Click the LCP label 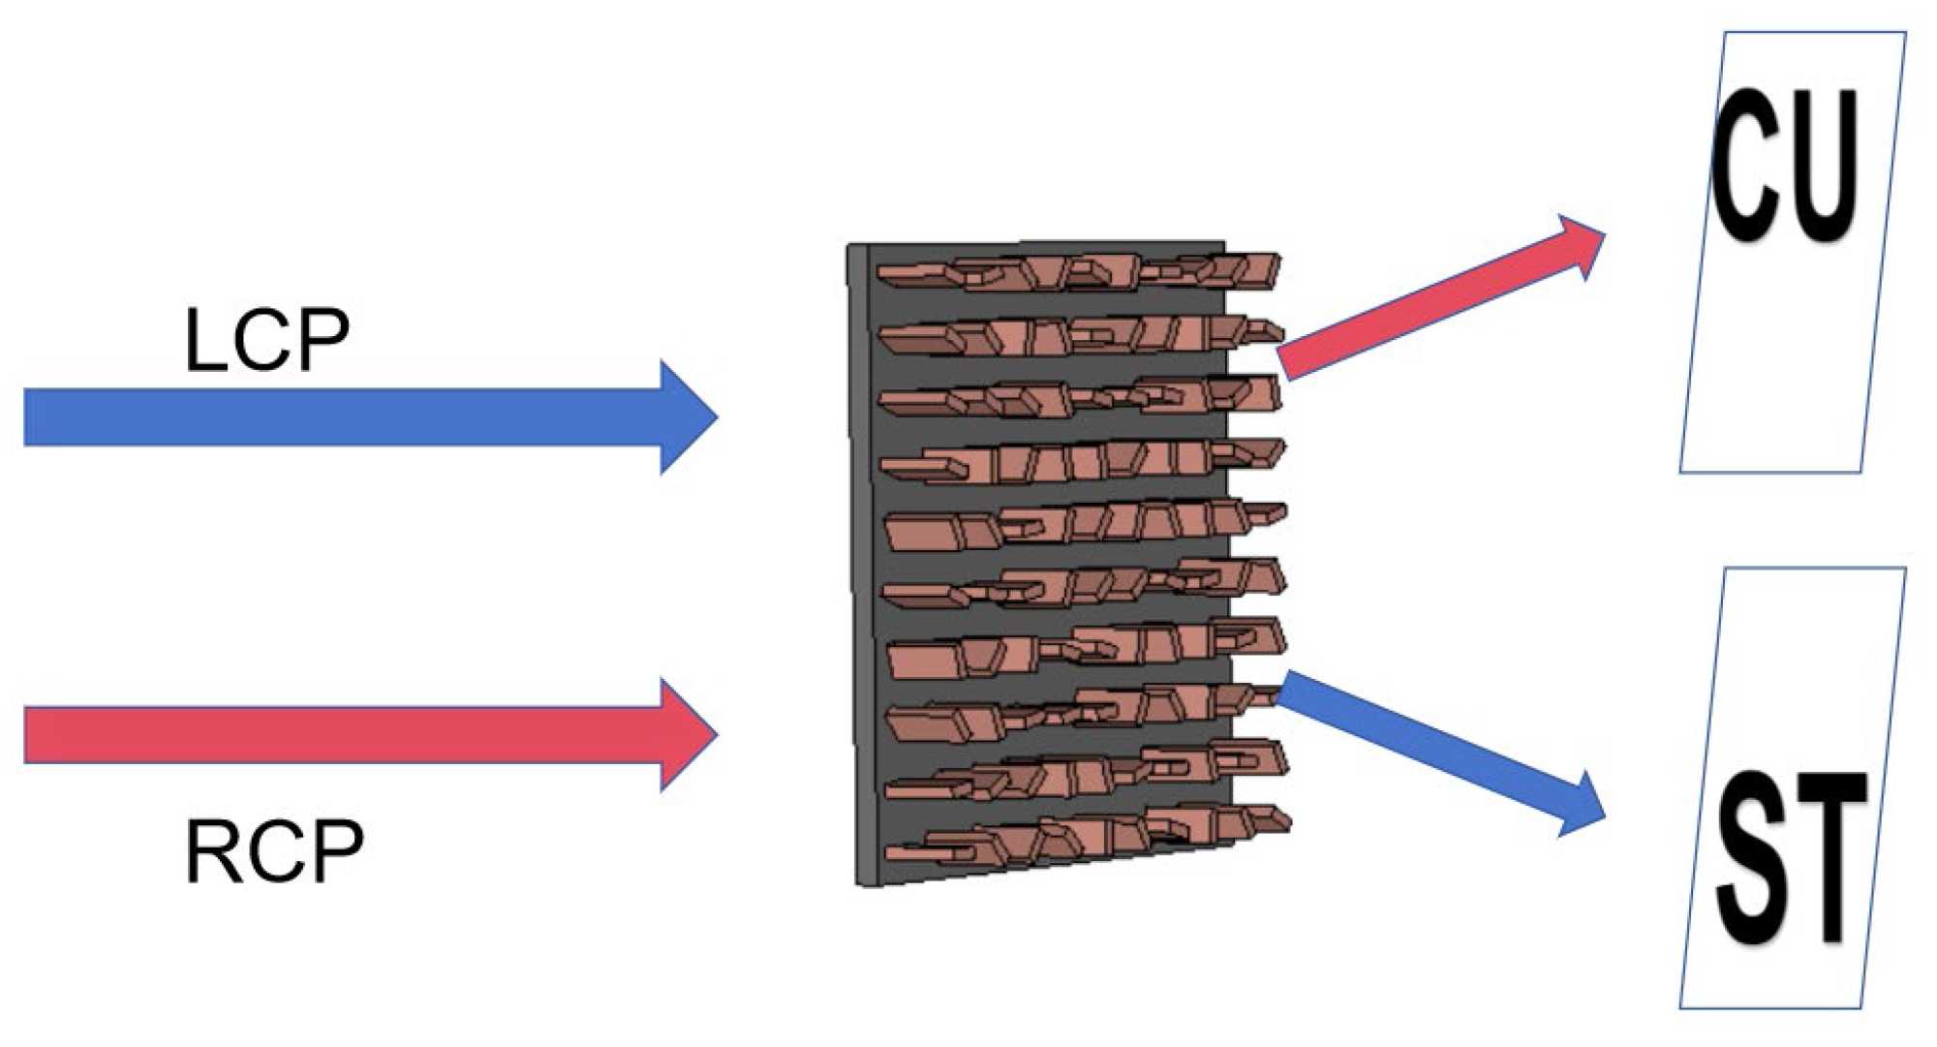pyautogui.click(x=266, y=340)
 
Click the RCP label pyautogui.click(x=274, y=851)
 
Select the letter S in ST pyautogui.click(x=1753, y=860)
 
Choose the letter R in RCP pyautogui.click(x=210, y=851)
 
